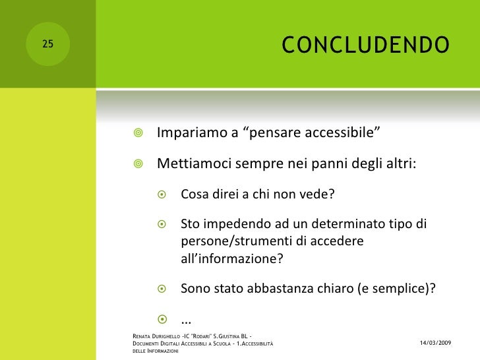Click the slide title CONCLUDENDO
[365, 45]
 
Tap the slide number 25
[47, 45]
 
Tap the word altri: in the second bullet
[401, 164]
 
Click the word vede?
[320, 195]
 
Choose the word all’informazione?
[231, 258]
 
